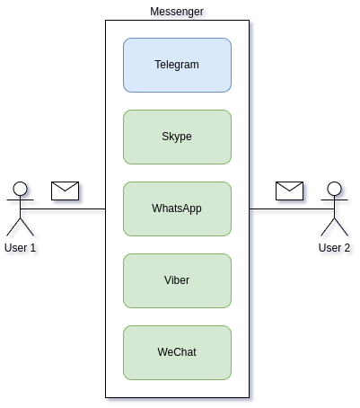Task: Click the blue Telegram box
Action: pos(177,65)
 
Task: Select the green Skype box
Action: pos(177,137)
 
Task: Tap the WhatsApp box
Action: pos(177,208)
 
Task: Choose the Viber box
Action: pos(177,280)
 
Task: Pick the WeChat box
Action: pos(177,352)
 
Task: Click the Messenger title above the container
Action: pos(177,12)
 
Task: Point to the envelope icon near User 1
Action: pos(65,191)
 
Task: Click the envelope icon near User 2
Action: pos(289,191)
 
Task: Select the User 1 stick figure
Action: pos(20,208)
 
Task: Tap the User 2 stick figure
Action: pos(334,208)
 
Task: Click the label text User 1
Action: pos(20,248)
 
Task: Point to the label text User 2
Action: pos(334,248)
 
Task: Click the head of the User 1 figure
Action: pos(20,189)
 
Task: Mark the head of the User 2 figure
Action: pos(334,189)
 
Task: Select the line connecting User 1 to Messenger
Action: pos(63,208)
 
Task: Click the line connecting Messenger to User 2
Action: pos(292,208)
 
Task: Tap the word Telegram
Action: pos(177,65)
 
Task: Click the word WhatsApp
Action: pos(177,208)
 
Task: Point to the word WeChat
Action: pos(177,352)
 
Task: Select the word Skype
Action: pos(177,137)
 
